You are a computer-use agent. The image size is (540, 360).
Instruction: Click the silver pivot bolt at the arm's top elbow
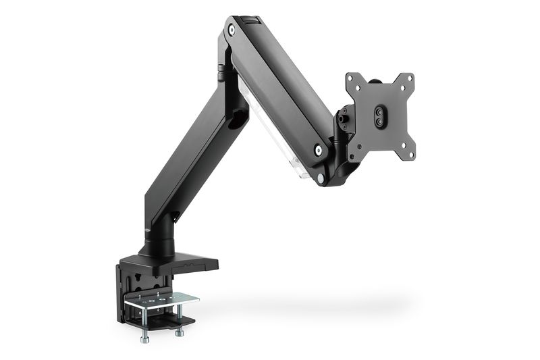(x=232, y=30)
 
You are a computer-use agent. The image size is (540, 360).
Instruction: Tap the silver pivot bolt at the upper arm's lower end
(x=318, y=150)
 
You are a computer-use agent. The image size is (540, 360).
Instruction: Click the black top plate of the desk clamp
(x=175, y=260)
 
